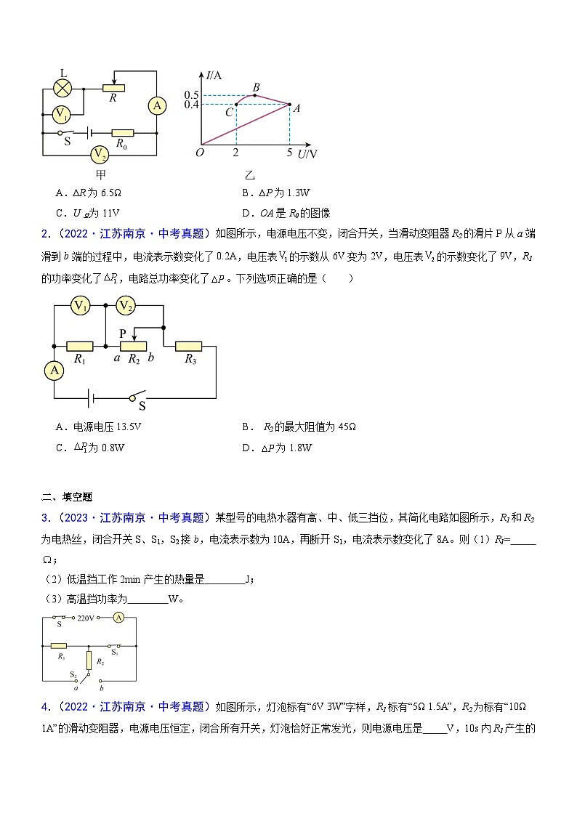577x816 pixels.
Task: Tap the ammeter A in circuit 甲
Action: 157,106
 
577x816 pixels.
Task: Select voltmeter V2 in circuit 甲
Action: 100,154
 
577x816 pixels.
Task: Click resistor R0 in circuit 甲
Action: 123,133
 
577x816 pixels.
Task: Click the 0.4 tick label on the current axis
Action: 191,105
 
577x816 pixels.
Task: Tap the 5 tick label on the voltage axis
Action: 289,153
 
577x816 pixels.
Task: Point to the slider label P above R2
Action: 124,333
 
